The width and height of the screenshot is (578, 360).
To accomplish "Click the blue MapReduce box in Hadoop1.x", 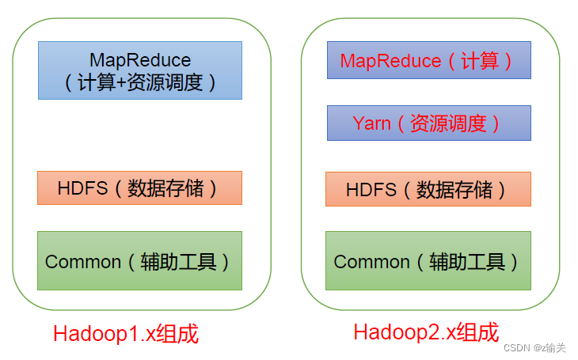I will (x=139, y=70).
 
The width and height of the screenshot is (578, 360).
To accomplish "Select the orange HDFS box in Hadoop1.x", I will (x=139, y=188).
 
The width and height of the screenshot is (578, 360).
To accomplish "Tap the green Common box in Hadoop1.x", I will (x=139, y=260).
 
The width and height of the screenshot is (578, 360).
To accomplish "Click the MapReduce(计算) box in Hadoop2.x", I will (x=428, y=60).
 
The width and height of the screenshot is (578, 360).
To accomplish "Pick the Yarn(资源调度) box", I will (x=428, y=123).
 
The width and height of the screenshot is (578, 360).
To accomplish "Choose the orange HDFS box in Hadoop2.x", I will (x=428, y=189).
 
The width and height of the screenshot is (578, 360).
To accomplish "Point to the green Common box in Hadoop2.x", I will (x=428, y=260).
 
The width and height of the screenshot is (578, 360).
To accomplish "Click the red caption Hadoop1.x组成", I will (x=126, y=333).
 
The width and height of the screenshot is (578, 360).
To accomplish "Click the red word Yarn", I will (x=371, y=123).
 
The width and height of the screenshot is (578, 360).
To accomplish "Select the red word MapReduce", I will (x=390, y=60).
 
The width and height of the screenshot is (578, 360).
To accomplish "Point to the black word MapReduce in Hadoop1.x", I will (x=140, y=60).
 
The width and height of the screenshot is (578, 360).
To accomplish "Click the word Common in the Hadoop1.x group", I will (x=83, y=261).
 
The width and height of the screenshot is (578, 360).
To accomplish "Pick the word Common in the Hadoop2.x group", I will (x=371, y=261).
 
